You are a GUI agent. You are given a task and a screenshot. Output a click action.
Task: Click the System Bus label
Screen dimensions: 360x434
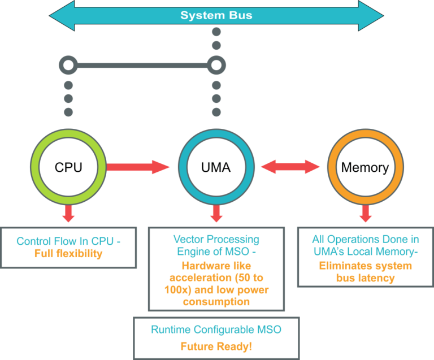[216, 15]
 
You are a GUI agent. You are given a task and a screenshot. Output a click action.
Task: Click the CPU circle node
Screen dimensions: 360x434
[68, 167]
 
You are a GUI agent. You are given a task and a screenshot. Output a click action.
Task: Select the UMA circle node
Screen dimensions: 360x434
[216, 167]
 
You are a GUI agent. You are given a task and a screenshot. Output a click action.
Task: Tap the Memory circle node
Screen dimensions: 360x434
[364, 167]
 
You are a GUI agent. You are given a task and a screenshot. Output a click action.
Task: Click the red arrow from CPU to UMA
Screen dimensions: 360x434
[138, 167]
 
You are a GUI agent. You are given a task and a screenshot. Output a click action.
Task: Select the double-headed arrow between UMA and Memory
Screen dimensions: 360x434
[290, 167]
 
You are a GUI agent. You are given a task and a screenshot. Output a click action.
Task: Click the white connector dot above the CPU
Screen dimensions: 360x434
[68, 66]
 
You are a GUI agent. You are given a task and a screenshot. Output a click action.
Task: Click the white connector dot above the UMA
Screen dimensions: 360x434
[216, 66]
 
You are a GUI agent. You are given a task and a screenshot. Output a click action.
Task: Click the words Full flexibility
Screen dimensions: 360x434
[68, 254]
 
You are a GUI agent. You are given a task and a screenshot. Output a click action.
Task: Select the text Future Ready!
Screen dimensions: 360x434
[216, 346]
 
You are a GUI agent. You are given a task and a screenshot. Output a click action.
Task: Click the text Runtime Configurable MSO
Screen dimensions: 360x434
[216, 329]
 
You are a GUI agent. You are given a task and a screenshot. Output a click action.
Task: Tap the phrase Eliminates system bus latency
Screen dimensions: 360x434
[366, 272]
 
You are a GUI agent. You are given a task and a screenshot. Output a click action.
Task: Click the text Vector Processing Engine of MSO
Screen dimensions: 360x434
[216, 246]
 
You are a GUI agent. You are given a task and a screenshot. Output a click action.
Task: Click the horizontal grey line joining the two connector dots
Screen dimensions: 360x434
[141, 66]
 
